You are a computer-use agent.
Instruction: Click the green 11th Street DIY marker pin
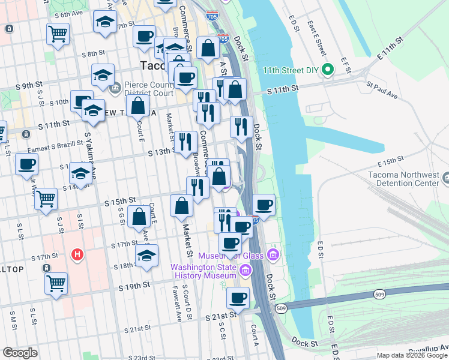328,70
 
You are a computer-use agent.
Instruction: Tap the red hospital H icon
76,255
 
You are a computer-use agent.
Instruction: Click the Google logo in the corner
20,352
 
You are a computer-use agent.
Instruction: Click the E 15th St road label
389,162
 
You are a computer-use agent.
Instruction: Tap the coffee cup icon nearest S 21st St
238,298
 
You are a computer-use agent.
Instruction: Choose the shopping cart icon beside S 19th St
56,283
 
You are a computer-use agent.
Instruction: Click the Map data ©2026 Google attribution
411,355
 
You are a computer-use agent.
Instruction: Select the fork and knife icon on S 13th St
185,142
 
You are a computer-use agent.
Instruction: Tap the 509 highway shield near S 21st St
282,308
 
